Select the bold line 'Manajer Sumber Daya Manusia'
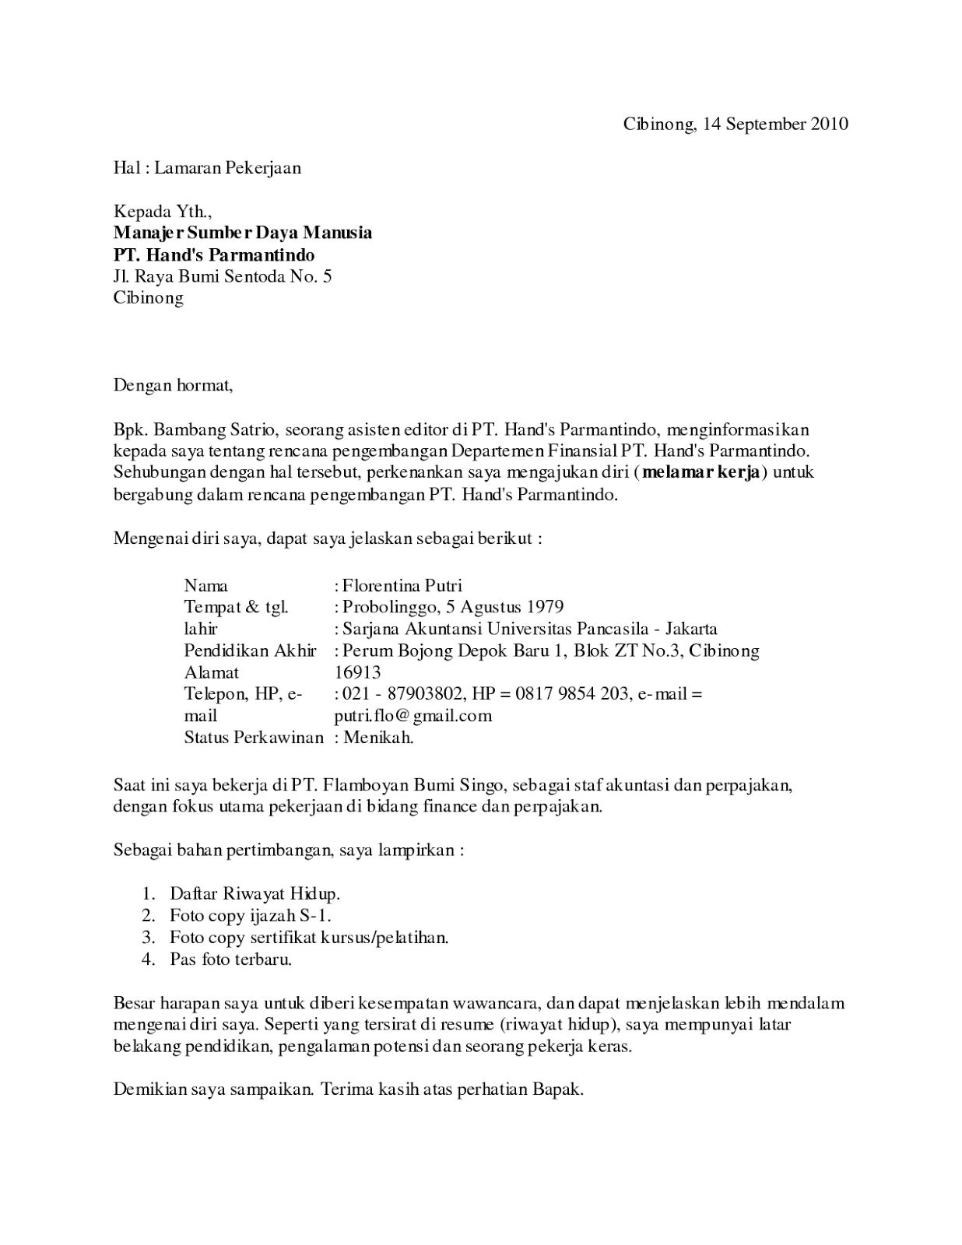(243, 233)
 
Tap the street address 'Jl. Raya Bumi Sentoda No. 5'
(223, 276)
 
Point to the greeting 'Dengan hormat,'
(173, 384)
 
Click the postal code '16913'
(357, 672)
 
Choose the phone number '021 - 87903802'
(404, 693)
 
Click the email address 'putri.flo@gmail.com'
(413, 715)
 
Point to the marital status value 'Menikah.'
(378, 737)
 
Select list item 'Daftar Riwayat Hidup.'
(255, 893)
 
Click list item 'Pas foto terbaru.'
(231, 959)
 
